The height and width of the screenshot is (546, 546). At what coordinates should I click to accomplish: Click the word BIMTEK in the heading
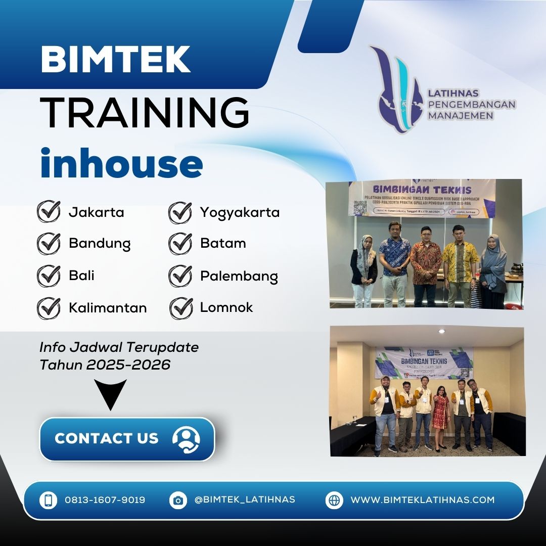[115, 59]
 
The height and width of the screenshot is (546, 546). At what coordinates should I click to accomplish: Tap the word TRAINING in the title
[145, 113]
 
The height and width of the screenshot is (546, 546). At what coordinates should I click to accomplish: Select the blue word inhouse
[121, 162]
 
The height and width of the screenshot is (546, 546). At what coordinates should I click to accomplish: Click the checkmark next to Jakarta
[49, 212]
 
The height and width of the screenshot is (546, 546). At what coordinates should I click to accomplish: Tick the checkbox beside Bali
[49, 276]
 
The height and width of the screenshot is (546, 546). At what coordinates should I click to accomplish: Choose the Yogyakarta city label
[240, 212]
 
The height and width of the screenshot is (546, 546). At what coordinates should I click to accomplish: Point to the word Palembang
[239, 277]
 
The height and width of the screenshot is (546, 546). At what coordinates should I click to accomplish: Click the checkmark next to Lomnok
[180, 308]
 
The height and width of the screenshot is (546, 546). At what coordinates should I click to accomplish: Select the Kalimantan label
[108, 307]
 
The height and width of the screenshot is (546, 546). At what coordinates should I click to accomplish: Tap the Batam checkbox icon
[180, 244]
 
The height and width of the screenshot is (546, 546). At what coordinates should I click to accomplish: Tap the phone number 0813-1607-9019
[105, 500]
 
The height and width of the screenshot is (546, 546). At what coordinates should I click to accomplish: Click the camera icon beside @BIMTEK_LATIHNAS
[178, 500]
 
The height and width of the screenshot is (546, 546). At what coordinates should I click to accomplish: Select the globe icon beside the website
[334, 500]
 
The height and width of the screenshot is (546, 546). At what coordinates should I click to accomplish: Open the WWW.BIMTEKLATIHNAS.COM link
[422, 500]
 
